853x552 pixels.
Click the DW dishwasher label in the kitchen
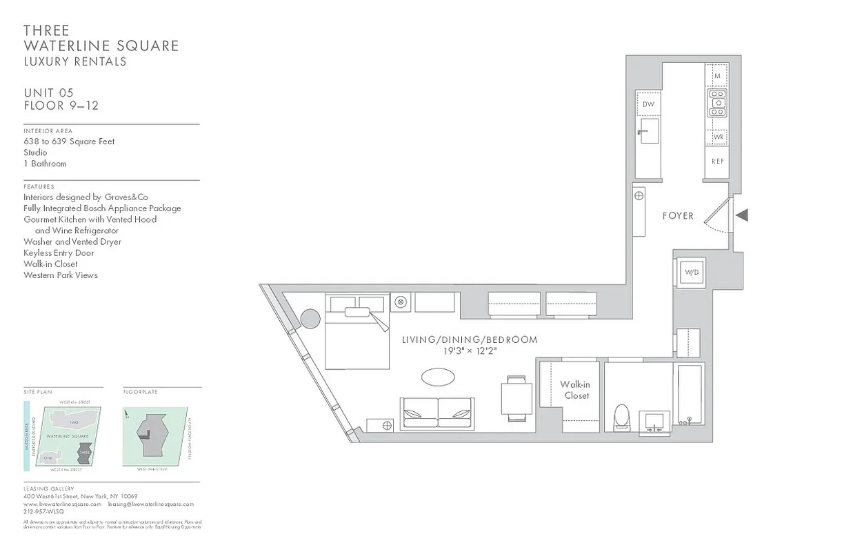[648, 104]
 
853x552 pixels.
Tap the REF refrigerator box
[717, 161]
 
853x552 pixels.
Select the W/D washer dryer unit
[691, 273]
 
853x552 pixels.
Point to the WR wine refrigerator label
[717, 137]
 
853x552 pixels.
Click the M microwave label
[717, 76]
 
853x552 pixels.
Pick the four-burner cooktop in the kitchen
[717, 103]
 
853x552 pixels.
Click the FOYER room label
[678, 216]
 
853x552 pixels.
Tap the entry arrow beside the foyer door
[742, 216]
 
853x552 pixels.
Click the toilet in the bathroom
[622, 417]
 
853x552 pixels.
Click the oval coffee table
[438, 377]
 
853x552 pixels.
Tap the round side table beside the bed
[310, 319]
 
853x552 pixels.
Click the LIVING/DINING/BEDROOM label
[470, 340]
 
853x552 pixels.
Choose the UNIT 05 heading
[48, 93]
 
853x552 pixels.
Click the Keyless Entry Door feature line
[59, 253]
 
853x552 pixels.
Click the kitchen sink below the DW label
[648, 130]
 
